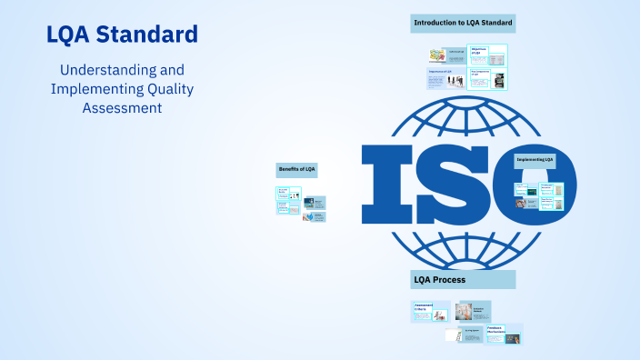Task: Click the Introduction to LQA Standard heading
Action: pos(463,23)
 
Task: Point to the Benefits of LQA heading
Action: pos(297,169)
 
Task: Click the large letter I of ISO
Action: pos(385,185)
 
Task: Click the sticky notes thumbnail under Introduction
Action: pos(436,56)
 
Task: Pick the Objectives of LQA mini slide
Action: pos(488,55)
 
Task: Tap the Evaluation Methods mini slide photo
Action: pos(472,311)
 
